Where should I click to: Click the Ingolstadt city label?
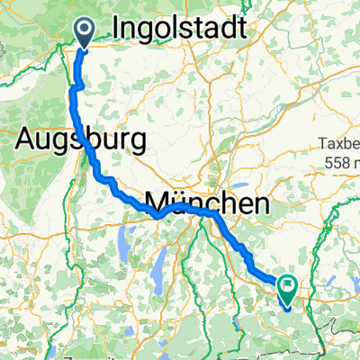[x=181, y=30]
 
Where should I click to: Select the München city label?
[x=206, y=203]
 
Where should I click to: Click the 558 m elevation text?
[x=341, y=162]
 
